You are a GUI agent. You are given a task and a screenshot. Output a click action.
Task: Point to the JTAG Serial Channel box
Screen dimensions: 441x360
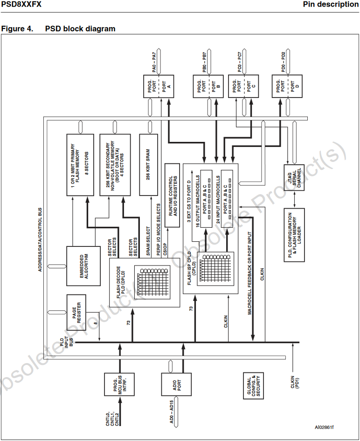point(295,177)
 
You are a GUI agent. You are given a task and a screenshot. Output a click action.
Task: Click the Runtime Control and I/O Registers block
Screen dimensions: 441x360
point(172,195)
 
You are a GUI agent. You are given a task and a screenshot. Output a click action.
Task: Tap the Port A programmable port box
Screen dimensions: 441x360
point(158,85)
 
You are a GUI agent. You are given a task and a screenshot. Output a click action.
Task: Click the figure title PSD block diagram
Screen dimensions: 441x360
point(80,29)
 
